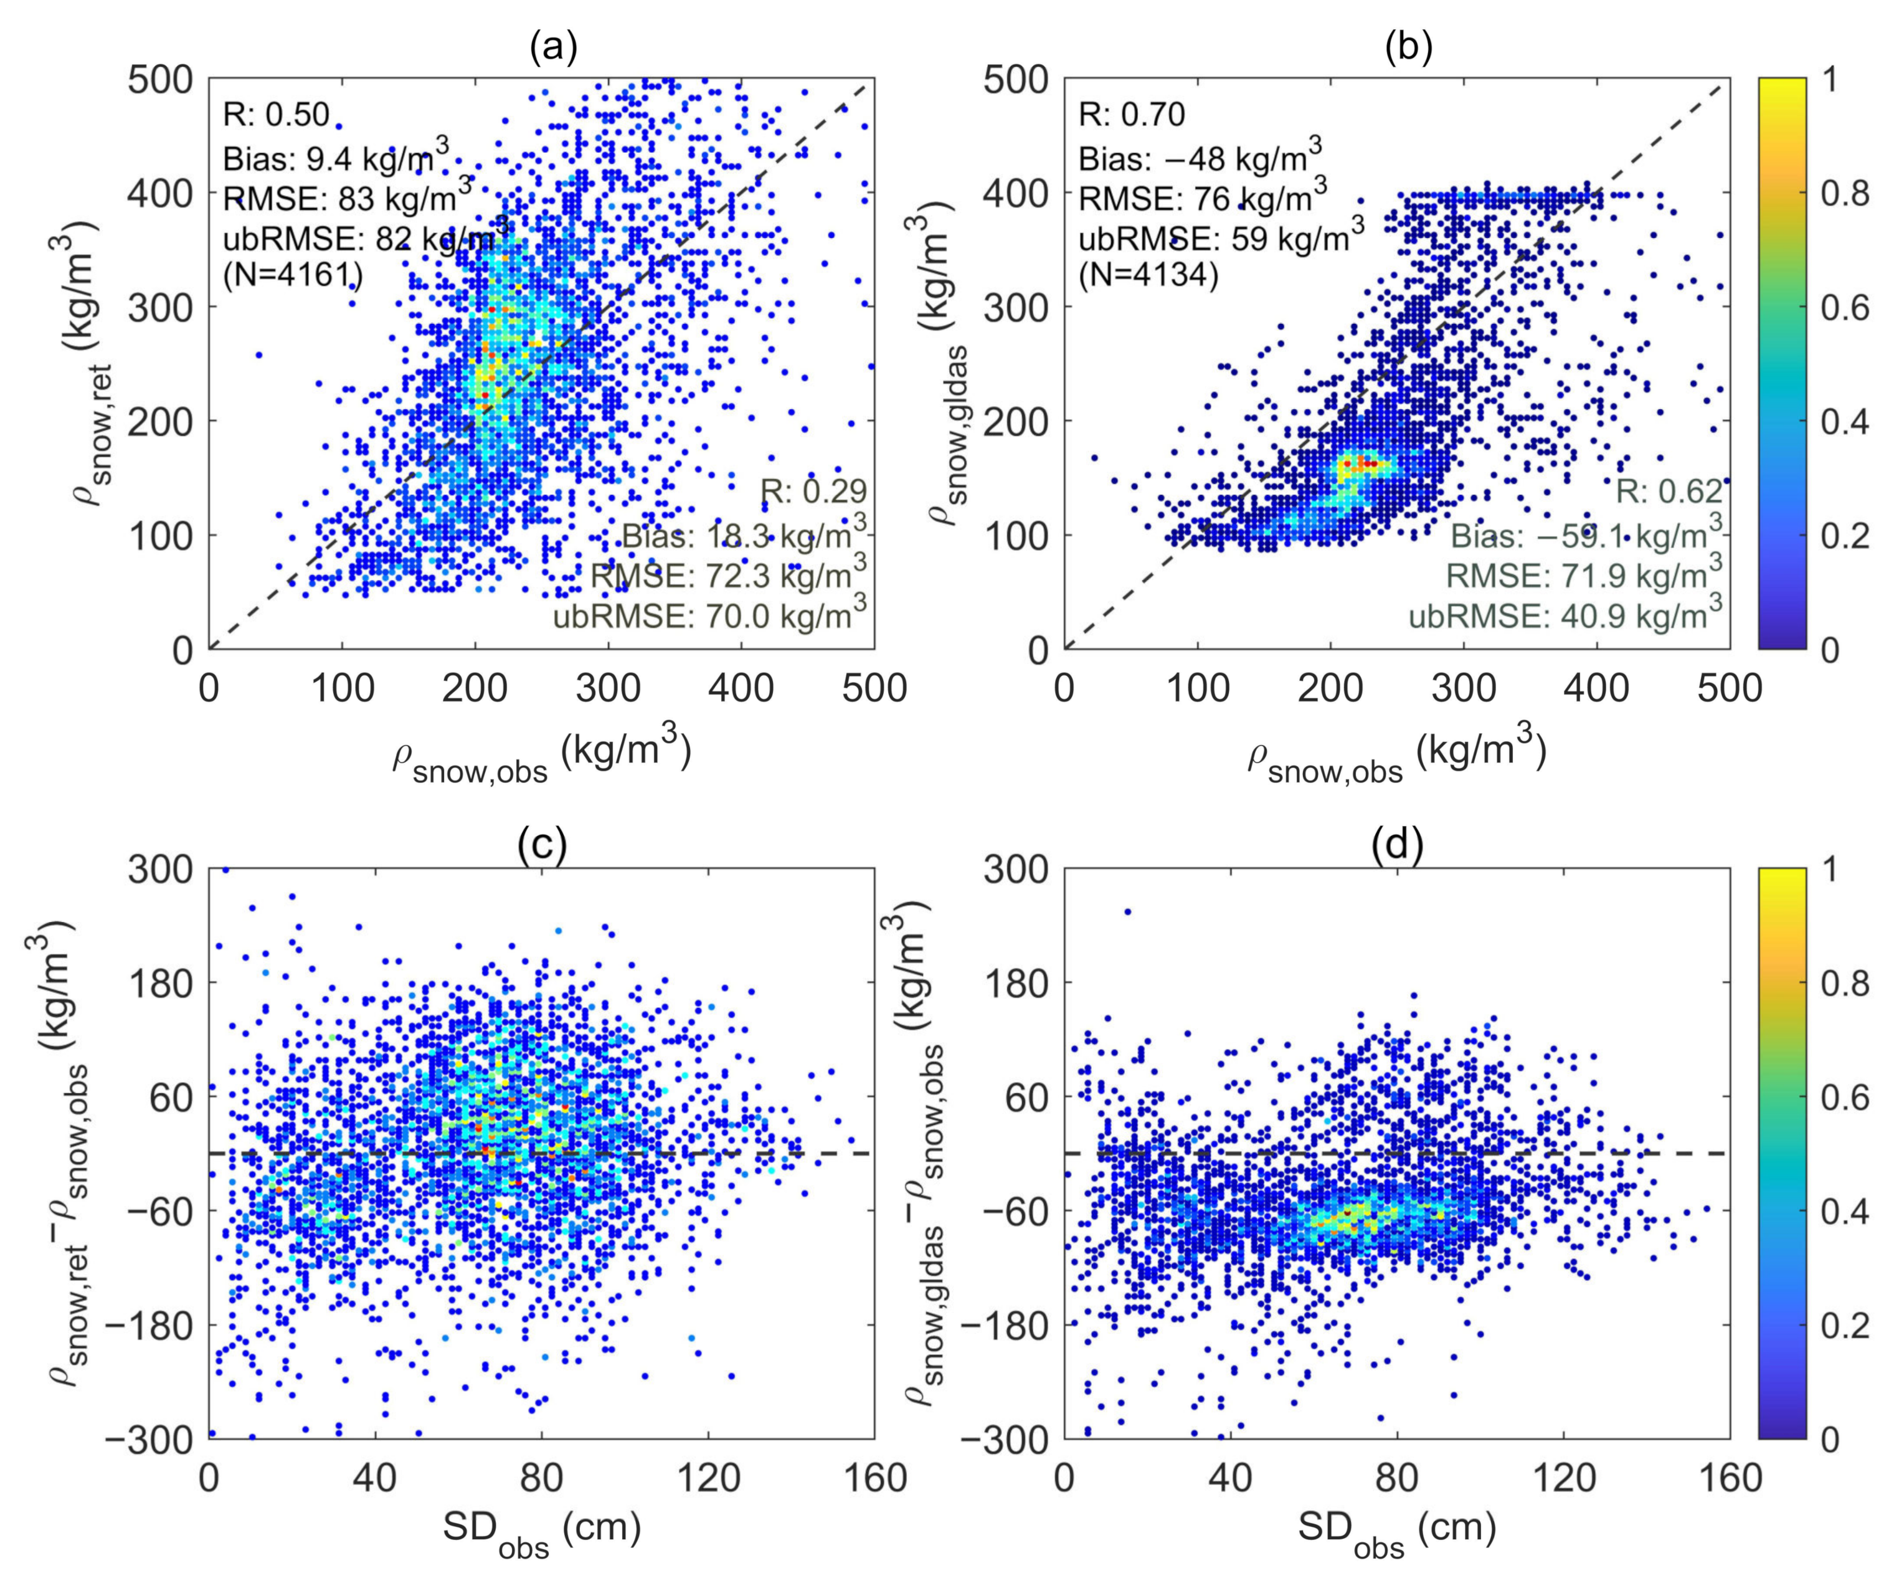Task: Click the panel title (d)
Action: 1396,845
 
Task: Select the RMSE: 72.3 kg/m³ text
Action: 728,574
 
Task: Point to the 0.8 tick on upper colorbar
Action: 1842,193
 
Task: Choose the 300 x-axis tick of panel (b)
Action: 1463,689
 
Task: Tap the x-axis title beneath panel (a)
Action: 541,756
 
